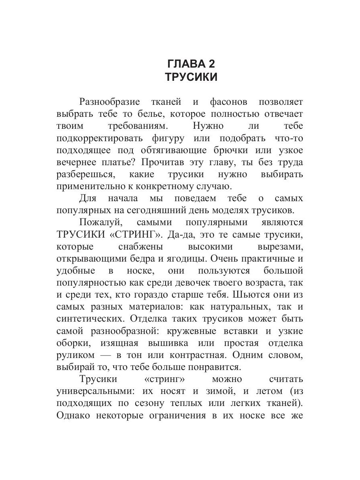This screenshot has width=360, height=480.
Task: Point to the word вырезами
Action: (x=279, y=246)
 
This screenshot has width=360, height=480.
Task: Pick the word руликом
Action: (x=76, y=355)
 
